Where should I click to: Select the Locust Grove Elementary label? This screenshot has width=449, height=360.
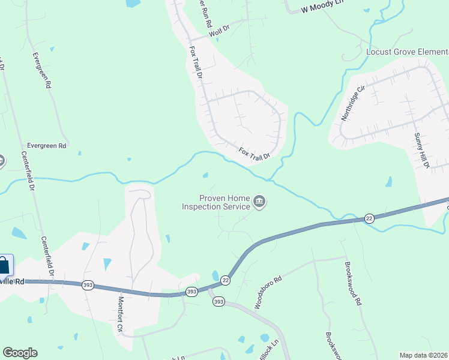point(407,52)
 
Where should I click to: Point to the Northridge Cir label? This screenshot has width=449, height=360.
point(352,103)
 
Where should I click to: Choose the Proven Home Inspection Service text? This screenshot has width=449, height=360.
point(217,202)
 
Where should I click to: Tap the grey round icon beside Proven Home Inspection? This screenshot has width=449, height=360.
point(259,202)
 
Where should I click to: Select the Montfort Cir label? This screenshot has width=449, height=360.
point(120,314)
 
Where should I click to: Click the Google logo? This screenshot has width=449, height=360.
point(20,353)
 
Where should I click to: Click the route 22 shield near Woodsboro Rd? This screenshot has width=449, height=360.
point(226,280)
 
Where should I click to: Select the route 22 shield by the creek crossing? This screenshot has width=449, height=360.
point(368,218)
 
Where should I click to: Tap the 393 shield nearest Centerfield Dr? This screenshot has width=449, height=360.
point(88,284)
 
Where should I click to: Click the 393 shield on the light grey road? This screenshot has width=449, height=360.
point(219,302)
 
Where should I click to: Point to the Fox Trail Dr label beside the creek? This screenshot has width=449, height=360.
point(255,152)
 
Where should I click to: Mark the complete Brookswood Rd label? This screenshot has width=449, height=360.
point(351,284)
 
